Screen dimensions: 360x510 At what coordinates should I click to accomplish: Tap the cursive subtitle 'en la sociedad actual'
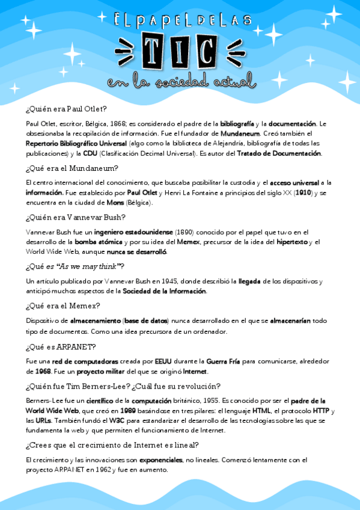click(180, 81)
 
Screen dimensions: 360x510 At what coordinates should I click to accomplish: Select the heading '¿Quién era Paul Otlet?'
click(66, 109)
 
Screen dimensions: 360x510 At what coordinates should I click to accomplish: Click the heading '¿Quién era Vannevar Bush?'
click(75, 218)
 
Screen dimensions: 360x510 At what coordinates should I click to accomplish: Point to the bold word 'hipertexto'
click(293, 242)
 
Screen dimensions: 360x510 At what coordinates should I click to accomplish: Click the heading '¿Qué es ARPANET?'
click(61, 348)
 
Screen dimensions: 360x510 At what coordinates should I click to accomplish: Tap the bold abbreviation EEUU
click(163, 361)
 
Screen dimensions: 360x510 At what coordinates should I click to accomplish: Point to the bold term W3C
click(117, 420)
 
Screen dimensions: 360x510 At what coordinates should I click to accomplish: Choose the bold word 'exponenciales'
click(160, 459)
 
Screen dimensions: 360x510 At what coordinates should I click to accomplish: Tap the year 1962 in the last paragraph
click(106, 470)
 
